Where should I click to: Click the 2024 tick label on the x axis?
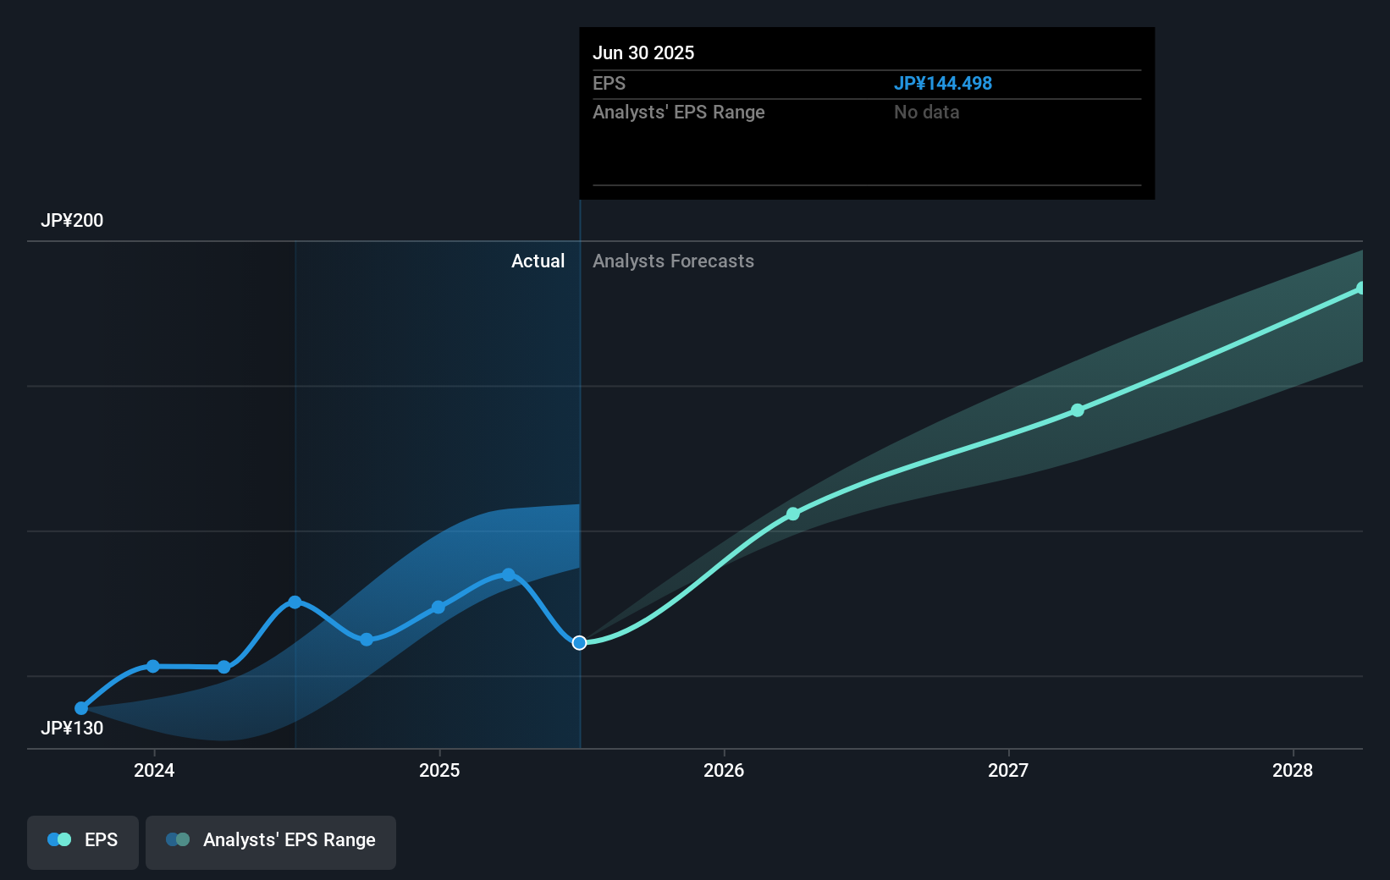click(154, 770)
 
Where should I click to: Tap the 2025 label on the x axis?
click(439, 770)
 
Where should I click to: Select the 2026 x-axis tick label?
click(724, 770)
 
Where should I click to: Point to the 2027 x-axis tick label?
click(1008, 770)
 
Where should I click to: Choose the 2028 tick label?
click(1293, 770)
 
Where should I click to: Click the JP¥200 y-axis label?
click(72, 221)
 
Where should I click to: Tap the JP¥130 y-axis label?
click(72, 729)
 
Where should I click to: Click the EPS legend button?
click(83, 840)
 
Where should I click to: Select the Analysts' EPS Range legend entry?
click(271, 840)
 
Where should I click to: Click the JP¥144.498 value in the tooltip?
click(943, 84)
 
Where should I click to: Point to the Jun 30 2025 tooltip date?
click(643, 53)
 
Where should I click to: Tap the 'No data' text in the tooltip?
click(926, 113)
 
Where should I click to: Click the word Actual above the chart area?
click(538, 261)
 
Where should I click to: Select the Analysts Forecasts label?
click(673, 261)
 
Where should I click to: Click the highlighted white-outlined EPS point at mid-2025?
click(579, 643)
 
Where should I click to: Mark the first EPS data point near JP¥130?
click(81, 708)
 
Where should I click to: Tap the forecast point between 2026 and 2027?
click(793, 514)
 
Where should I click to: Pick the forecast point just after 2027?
click(1078, 410)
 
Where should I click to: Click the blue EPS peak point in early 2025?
click(509, 575)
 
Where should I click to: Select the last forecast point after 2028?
click(1360, 289)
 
